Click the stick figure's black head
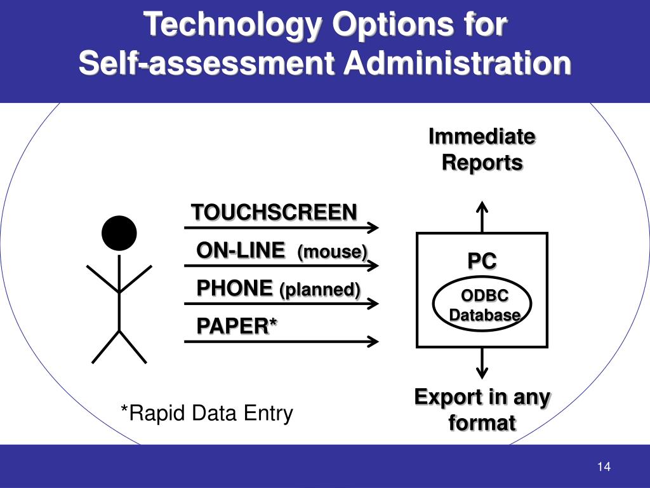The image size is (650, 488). tap(119, 233)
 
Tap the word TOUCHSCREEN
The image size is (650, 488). tap(274, 212)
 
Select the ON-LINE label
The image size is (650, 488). tap(240, 251)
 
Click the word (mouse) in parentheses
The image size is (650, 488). tap(332, 252)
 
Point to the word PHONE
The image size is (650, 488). tap(234, 288)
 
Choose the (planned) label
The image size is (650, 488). tap(319, 290)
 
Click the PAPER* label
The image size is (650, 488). tap(237, 327)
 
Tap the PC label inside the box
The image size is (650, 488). tap(482, 261)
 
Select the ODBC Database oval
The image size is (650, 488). tap(482, 304)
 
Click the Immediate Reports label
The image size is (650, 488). tap(482, 149)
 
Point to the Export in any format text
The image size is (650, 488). tap(482, 410)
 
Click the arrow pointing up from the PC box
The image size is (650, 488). tap(482, 216)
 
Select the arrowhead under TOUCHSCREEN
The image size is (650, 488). tap(373, 227)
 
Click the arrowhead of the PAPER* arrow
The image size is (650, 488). tap(373, 342)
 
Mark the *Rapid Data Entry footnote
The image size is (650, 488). tap(207, 414)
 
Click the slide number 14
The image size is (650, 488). tap(603, 467)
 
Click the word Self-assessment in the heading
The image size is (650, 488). tap(206, 64)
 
